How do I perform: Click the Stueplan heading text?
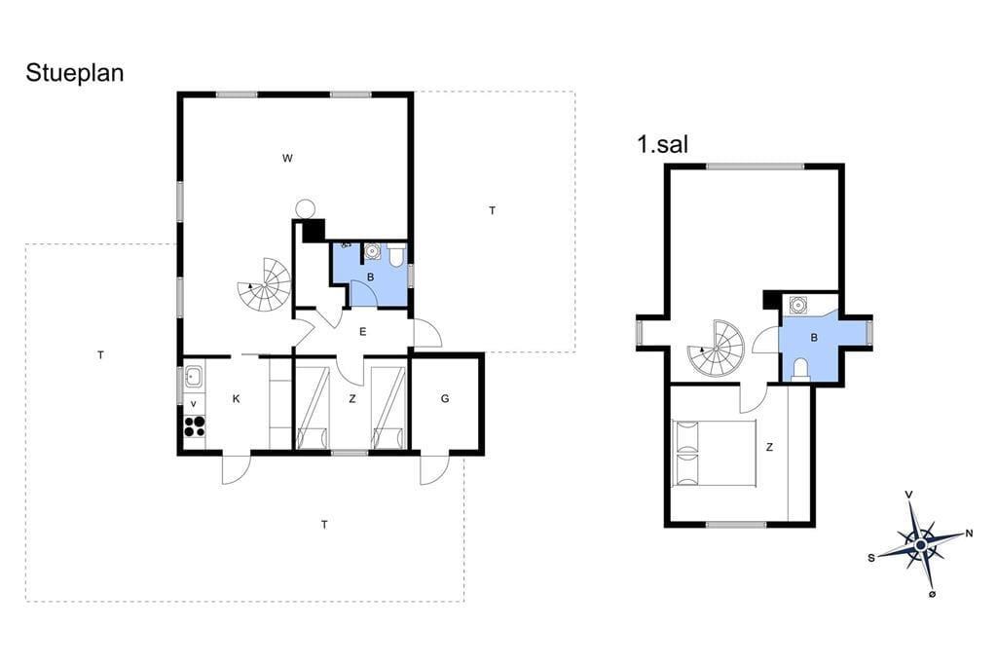(74, 74)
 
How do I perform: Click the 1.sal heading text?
(662, 144)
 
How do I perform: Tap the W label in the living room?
(287, 159)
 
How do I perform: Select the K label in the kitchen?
(237, 399)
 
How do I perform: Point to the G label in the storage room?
(445, 399)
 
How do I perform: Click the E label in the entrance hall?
(363, 331)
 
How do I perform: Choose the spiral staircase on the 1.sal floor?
(716, 348)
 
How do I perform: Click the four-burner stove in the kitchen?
(195, 425)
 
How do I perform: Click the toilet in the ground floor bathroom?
(396, 254)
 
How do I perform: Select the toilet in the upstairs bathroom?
(800, 369)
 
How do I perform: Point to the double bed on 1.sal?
(715, 453)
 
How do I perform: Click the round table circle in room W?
(306, 208)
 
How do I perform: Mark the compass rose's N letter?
(969, 534)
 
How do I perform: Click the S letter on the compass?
(871, 558)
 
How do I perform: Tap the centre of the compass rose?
(921, 545)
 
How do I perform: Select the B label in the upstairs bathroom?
(814, 338)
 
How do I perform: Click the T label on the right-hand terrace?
(492, 210)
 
